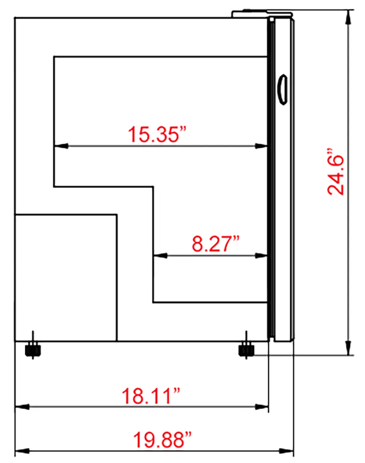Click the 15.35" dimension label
pos(157,134)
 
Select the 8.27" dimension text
pos(215,244)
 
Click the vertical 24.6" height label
pos(336,171)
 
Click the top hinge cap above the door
pos(262,13)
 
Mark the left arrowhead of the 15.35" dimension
pos(61,146)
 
